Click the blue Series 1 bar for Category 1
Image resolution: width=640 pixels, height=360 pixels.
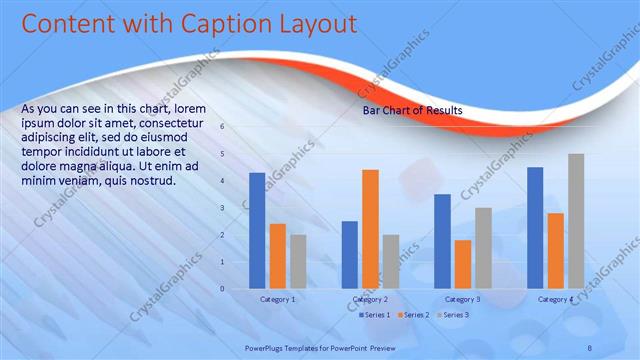(257, 231)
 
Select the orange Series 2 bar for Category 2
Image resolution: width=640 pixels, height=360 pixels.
(370, 229)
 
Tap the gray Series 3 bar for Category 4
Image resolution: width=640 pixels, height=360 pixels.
(576, 221)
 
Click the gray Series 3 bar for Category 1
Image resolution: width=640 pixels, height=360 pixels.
(298, 261)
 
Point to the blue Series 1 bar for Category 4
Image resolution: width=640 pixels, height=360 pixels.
(535, 228)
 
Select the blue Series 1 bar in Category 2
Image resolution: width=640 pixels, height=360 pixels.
(350, 255)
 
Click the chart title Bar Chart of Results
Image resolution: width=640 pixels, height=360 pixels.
(412, 111)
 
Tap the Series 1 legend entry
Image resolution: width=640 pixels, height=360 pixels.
(374, 315)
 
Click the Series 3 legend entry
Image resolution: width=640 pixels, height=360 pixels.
(453, 315)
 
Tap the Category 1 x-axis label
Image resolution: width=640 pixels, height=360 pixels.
(277, 299)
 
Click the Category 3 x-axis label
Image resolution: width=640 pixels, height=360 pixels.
(462, 299)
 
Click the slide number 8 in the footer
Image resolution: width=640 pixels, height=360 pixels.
(590, 347)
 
